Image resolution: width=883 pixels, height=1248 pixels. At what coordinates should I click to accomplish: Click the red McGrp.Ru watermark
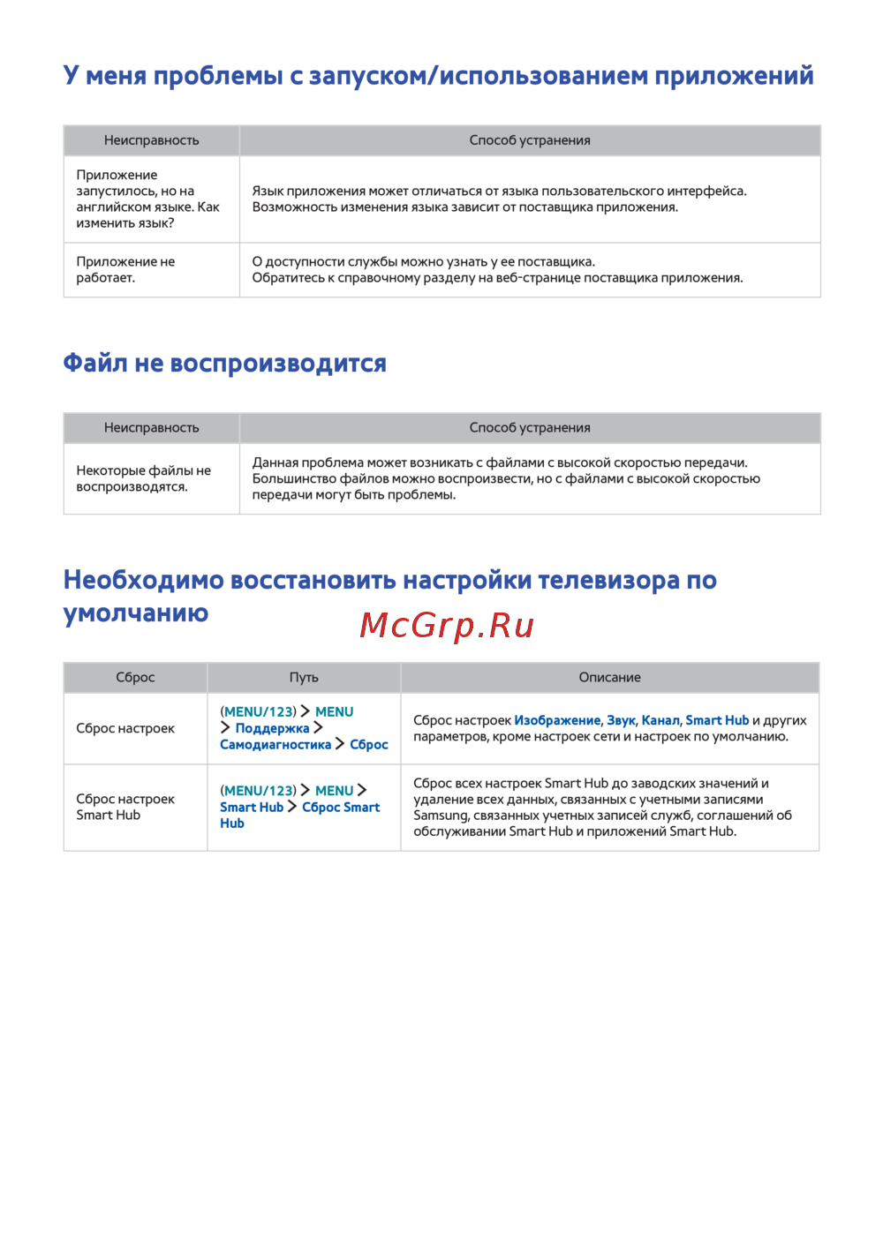pos(447,626)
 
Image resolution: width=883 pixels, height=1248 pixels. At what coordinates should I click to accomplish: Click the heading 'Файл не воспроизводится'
pos(224,364)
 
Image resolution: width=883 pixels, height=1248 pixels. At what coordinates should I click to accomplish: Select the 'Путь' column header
pos(304,677)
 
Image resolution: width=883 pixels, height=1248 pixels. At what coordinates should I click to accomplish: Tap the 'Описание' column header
pos(609,677)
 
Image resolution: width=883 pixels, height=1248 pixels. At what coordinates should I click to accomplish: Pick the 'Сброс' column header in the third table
pos(135,677)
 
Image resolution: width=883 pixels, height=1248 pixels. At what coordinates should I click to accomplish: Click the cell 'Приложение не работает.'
pos(125,269)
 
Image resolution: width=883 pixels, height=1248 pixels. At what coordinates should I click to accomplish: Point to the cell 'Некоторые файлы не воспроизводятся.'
pos(143,478)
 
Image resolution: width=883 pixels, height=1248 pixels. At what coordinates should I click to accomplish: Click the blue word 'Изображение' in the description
pos(557,720)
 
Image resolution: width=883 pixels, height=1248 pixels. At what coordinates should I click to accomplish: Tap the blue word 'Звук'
pos(621,720)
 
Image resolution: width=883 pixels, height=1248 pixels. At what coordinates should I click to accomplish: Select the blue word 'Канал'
pos(660,720)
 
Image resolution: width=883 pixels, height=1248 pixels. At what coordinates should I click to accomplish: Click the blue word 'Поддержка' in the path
pos(272,728)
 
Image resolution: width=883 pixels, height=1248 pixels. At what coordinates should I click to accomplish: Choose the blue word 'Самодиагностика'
pos(275,744)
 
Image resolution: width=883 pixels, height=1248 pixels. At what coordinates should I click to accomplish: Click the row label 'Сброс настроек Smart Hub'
pos(125,807)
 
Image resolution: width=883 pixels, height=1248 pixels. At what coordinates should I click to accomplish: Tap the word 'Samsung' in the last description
pos(441,815)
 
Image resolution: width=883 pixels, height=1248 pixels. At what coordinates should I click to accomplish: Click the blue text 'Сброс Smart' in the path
pos(341,807)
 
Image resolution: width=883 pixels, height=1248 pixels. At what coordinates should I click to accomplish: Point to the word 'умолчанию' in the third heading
pos(136,613)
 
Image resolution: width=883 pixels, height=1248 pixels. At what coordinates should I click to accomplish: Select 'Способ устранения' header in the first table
pos(530,140)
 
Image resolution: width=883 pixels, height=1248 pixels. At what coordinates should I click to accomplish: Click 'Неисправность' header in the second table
pos(152,427)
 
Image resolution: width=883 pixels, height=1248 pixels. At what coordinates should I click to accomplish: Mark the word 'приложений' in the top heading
pos(734,76)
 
